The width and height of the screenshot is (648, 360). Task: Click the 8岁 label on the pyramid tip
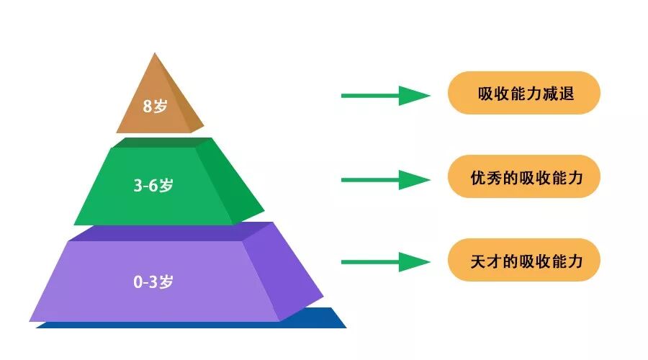(155, 107)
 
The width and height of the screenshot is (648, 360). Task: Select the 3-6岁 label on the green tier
(153, 185)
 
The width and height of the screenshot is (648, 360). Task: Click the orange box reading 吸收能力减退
(524, 93)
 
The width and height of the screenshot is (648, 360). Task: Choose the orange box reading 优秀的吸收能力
(524, 176)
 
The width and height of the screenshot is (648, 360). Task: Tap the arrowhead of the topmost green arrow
(413, 95)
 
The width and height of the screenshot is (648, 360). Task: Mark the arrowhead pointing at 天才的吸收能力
(413, 262)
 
